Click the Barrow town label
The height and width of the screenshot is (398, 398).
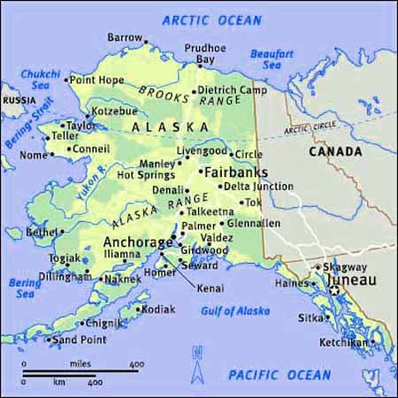point(124,37)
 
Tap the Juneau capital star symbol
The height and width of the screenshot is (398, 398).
point(333,288)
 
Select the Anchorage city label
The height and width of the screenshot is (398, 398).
point(139,241)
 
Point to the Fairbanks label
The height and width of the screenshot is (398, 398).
point(235,172)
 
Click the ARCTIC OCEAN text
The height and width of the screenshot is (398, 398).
point(212,19)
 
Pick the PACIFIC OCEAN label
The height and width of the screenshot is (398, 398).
point(279,375)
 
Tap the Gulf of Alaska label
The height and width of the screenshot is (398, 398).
point(235,310)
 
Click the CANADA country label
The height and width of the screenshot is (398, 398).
point(335,151)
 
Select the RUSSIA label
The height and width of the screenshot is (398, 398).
point(19,100)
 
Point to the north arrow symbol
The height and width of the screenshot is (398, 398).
point(196,358)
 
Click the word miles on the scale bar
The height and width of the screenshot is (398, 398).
point(80,364)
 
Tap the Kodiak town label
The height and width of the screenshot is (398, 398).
point(158,310)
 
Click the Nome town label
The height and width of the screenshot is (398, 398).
point(33,155)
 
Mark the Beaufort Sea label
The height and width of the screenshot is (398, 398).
point(272,58)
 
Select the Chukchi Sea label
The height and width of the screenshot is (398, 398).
point(40,79)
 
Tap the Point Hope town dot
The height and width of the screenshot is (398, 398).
point(65,80)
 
